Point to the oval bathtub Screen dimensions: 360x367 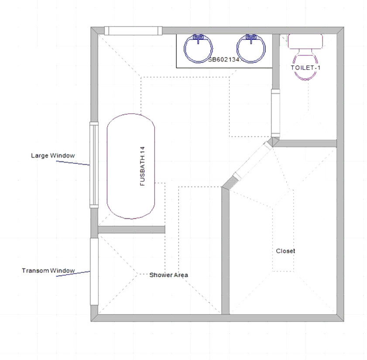[131, 166]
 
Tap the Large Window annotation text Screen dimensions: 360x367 [53, 156]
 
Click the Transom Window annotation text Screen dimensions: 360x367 [48, 271]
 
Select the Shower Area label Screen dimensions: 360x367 [168, 275]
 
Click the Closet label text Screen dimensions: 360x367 [285, 251]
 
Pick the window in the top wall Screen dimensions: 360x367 [133, 31]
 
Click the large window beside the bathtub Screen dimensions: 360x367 [93, 165]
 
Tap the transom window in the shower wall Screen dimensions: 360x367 [94, 271]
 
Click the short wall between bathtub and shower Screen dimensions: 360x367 [131, 230]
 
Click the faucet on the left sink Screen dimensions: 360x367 [199, 39]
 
